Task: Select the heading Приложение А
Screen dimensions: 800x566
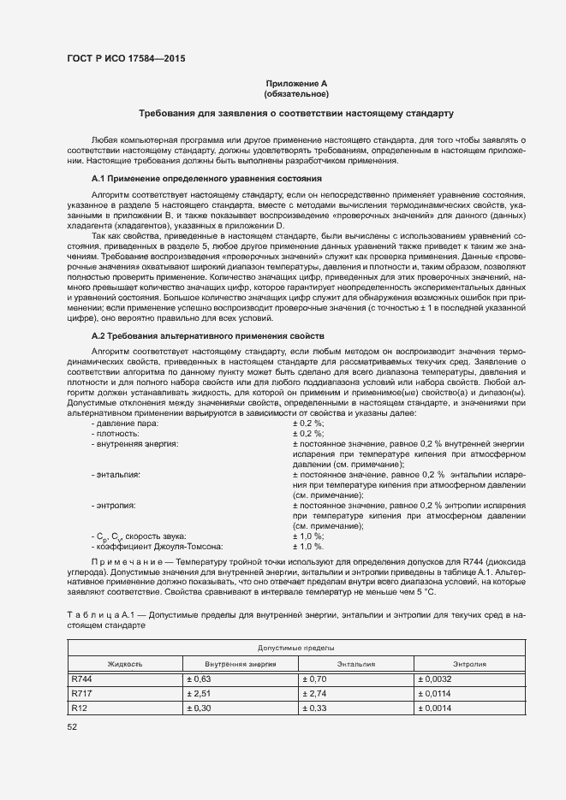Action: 296,84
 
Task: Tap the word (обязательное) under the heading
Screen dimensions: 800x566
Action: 296,94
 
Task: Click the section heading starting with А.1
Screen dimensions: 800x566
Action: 206,179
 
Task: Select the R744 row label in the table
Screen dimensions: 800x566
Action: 82,679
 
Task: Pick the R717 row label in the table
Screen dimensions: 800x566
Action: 81,694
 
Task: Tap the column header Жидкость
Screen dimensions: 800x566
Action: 125,663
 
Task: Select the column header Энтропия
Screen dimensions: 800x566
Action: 470,663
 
